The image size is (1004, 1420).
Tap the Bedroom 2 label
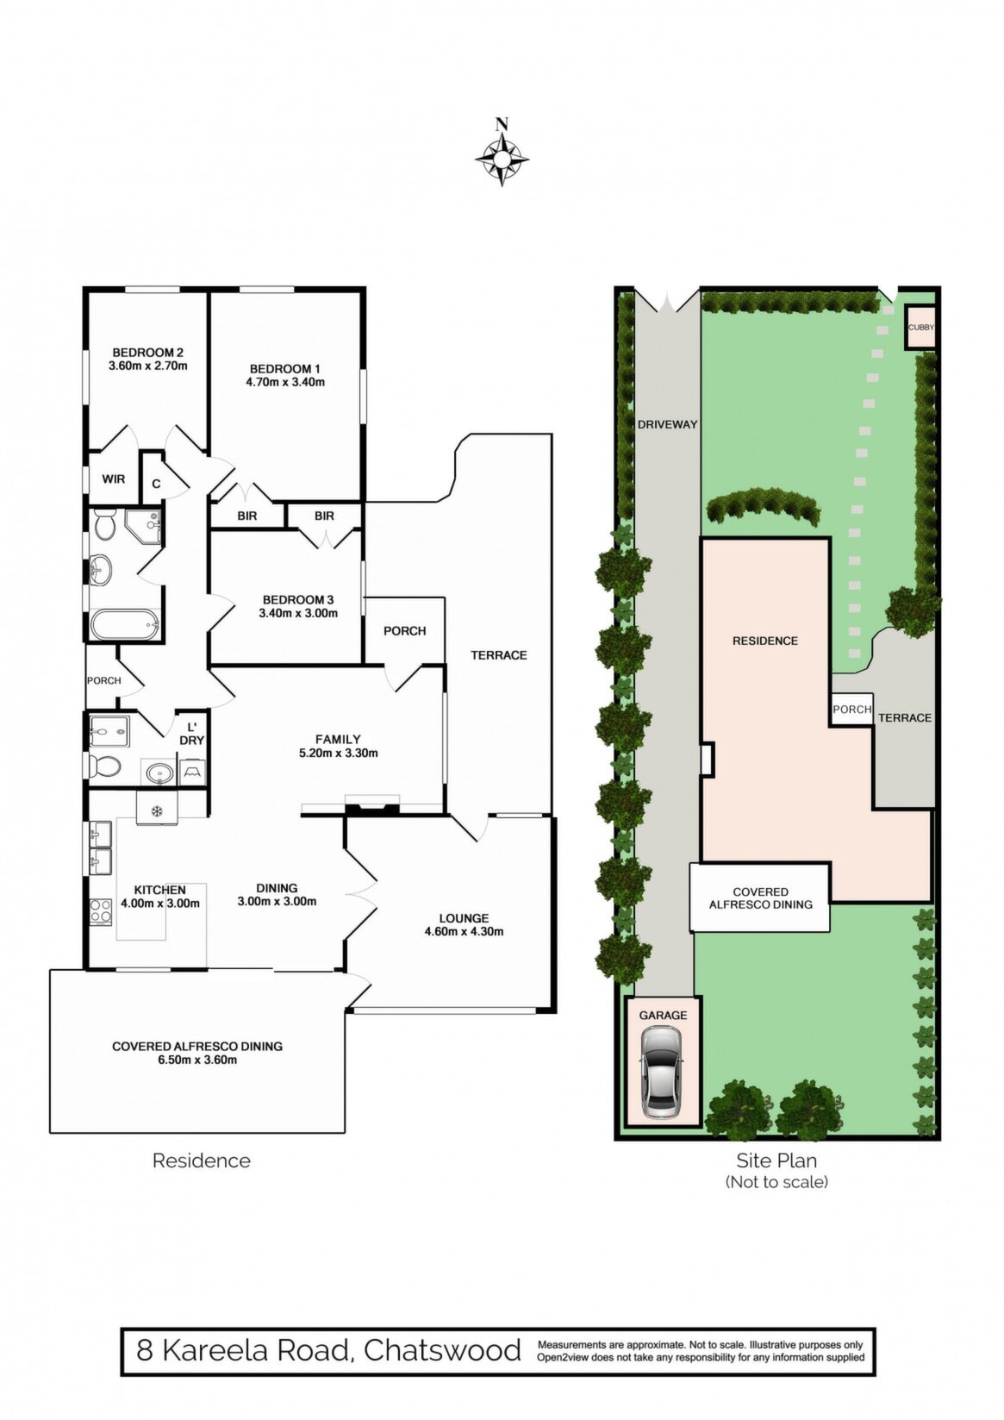[x=147, y=353]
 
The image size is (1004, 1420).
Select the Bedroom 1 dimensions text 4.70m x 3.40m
[x=285, y=382]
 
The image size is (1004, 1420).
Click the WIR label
[x=114, y=479]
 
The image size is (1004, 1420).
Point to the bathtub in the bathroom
[x=124, y=624]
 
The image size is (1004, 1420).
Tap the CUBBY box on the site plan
[x=921, y=327]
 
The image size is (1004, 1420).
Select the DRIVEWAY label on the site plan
[x=667, y=425]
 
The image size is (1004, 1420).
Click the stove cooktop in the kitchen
[x=100, y=912]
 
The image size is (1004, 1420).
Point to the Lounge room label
[x=464, y=918]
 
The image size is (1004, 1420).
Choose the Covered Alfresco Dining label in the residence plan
[x=197, y=1046]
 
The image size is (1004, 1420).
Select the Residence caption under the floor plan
[x=202, y=1160]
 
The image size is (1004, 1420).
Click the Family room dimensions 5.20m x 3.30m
[x=338, y=754]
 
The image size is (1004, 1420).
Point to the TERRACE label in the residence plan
[x=499, y=655]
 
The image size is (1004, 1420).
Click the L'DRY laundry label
[x=192, y=734]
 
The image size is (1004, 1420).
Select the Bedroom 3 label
[x=298, y=600]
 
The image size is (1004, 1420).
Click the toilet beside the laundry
[x=103, y=766]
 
